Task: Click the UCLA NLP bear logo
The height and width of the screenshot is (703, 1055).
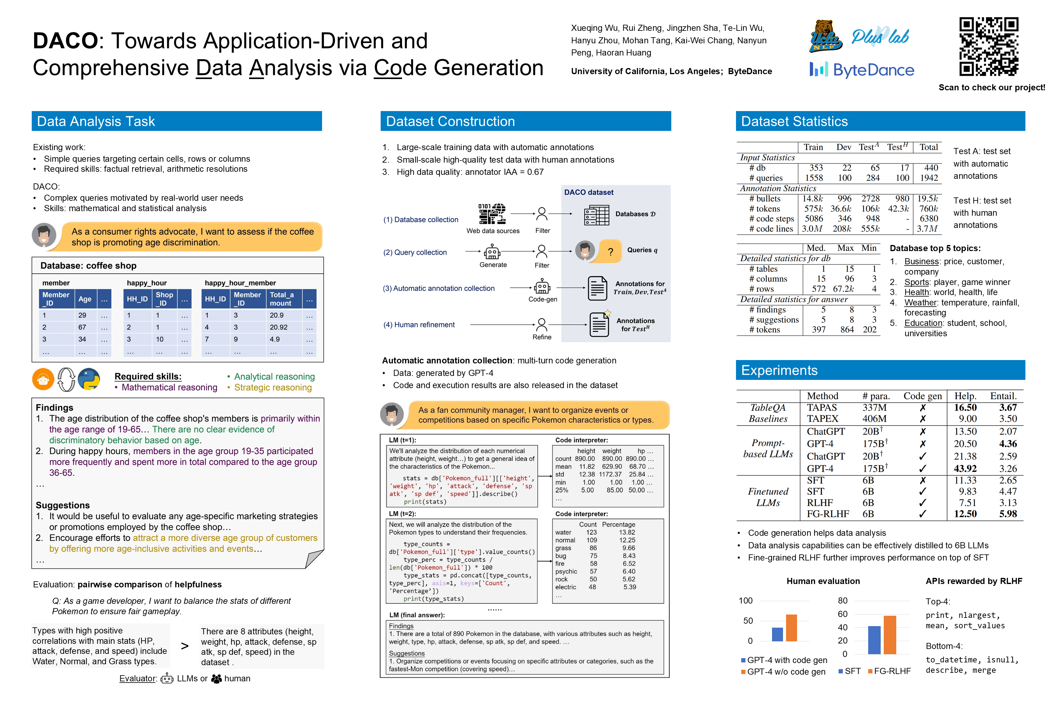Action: click(825, 36)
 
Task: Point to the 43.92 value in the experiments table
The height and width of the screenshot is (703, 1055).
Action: click(965, 469)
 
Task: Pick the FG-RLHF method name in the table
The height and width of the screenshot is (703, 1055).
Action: click(828, 514)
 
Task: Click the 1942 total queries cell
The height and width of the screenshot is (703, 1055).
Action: click(929, 178)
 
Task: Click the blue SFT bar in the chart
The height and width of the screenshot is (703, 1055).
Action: click(874, 640)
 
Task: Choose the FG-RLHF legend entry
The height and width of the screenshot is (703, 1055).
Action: click(890, 671)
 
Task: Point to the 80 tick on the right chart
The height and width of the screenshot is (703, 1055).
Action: click(843, 600)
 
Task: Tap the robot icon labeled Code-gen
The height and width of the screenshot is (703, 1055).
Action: click(542, 286)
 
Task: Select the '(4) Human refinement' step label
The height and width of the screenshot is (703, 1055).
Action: click(419, 325)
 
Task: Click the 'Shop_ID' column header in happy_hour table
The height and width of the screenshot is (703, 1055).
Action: click(164, 299)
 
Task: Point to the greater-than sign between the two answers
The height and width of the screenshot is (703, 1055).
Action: click(185, 646)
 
